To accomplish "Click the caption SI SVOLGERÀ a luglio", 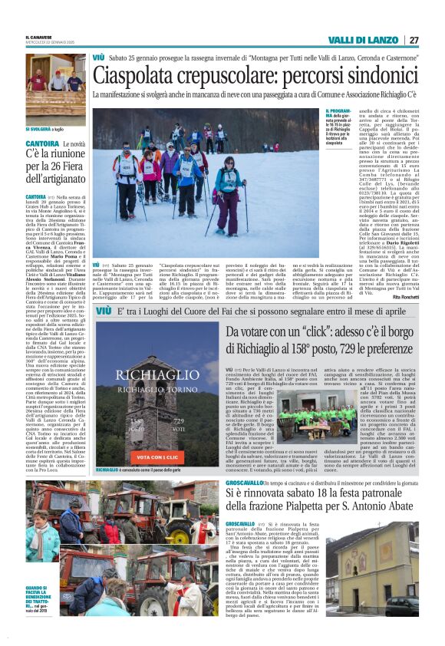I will click(45, 128).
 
